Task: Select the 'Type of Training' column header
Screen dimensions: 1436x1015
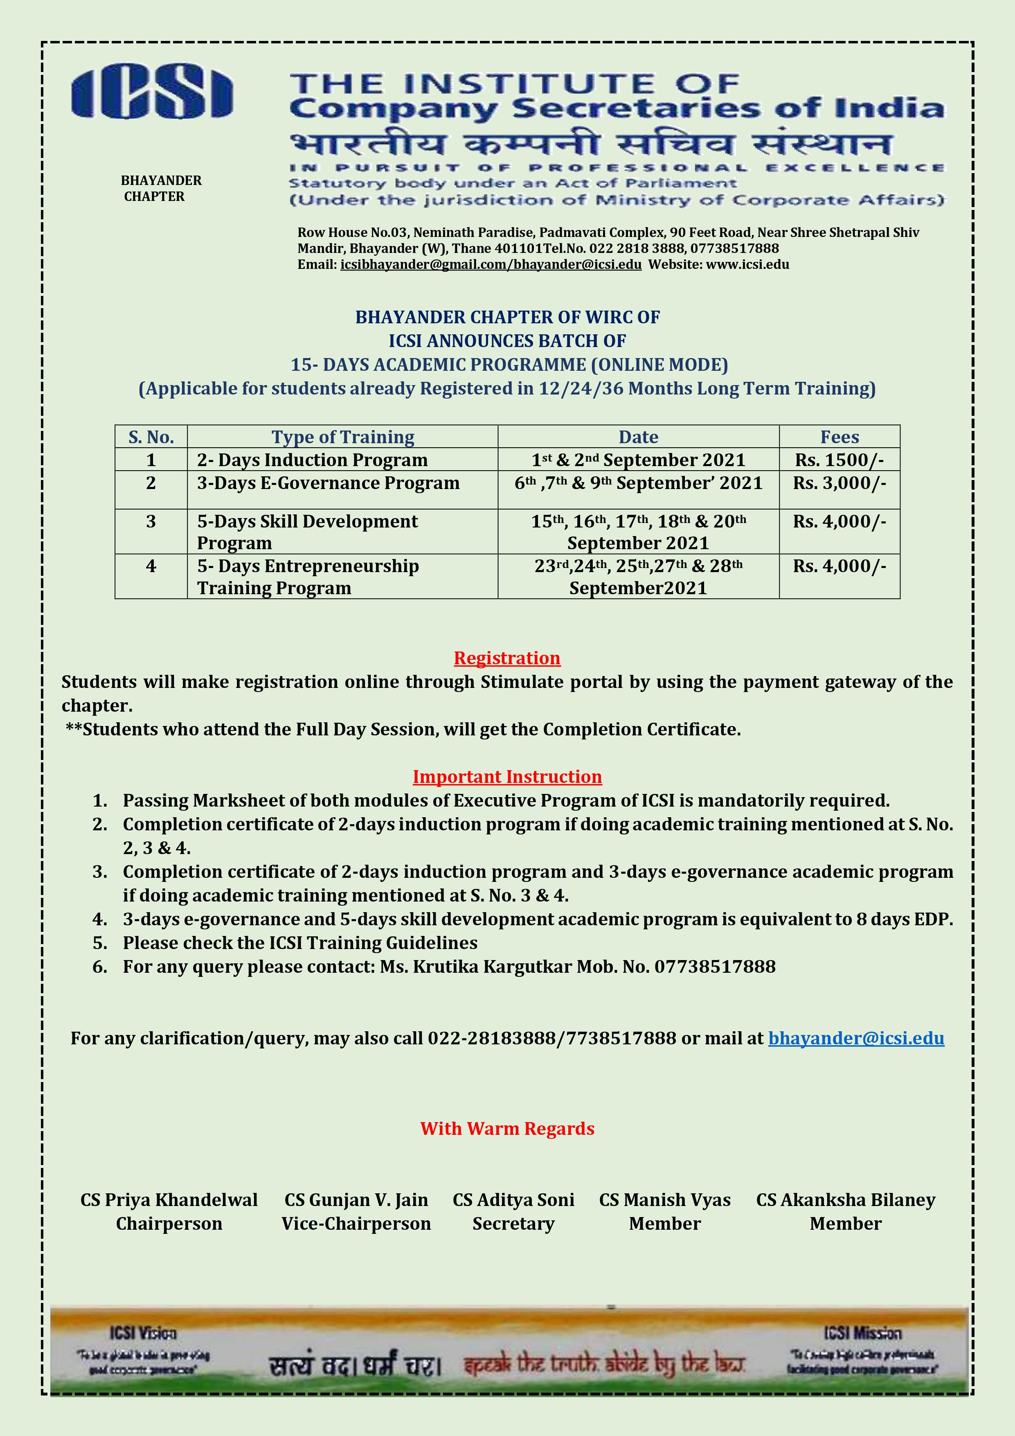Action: click(x=343, y=437)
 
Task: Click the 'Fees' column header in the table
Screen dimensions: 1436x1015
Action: click(x=839, y=437)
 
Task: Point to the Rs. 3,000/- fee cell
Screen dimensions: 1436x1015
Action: click(x=839, y=483)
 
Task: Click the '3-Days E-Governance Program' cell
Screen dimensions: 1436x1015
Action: click(x=329, y=483)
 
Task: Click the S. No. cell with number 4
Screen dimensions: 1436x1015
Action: click(x=151, y=566)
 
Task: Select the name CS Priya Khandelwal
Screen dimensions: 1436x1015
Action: click(x=169, y=1200)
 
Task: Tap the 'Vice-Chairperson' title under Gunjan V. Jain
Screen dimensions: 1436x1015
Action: click(x=356, y=1224)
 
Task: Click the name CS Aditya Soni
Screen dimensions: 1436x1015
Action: click(x=513, y=1200)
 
